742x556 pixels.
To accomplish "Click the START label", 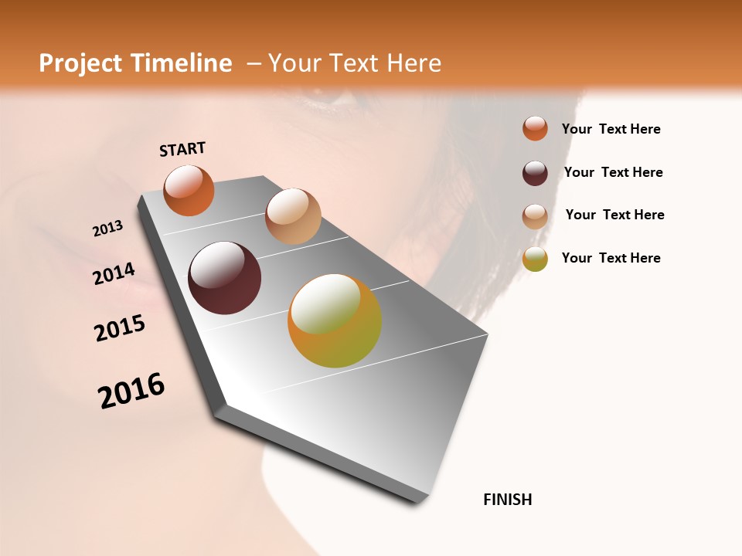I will point(182,149).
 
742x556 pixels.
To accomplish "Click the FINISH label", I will point(507,500).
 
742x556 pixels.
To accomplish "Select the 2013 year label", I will point(108,229).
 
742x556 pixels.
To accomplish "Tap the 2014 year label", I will point(114,274).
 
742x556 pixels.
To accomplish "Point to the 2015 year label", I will point(120,328).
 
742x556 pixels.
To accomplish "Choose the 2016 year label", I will point(131,390).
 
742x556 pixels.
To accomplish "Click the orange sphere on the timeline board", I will point(189,190).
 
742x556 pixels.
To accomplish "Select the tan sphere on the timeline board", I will point(293,215).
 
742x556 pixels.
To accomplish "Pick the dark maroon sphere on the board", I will point(224,278).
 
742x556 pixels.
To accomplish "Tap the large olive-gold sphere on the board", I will point(334,320).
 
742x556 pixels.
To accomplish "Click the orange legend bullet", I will point(535,128).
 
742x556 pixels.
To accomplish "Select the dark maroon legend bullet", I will point(535,173).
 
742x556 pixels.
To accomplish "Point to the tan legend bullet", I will point(535,216).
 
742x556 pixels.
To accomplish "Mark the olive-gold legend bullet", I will point(535,259).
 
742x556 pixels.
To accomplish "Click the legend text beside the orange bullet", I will point(611,129).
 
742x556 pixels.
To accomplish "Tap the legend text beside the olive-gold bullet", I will point(611,258).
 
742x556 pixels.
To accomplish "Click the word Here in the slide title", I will point(414,63).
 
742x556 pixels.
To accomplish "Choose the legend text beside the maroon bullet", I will point(613,172).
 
